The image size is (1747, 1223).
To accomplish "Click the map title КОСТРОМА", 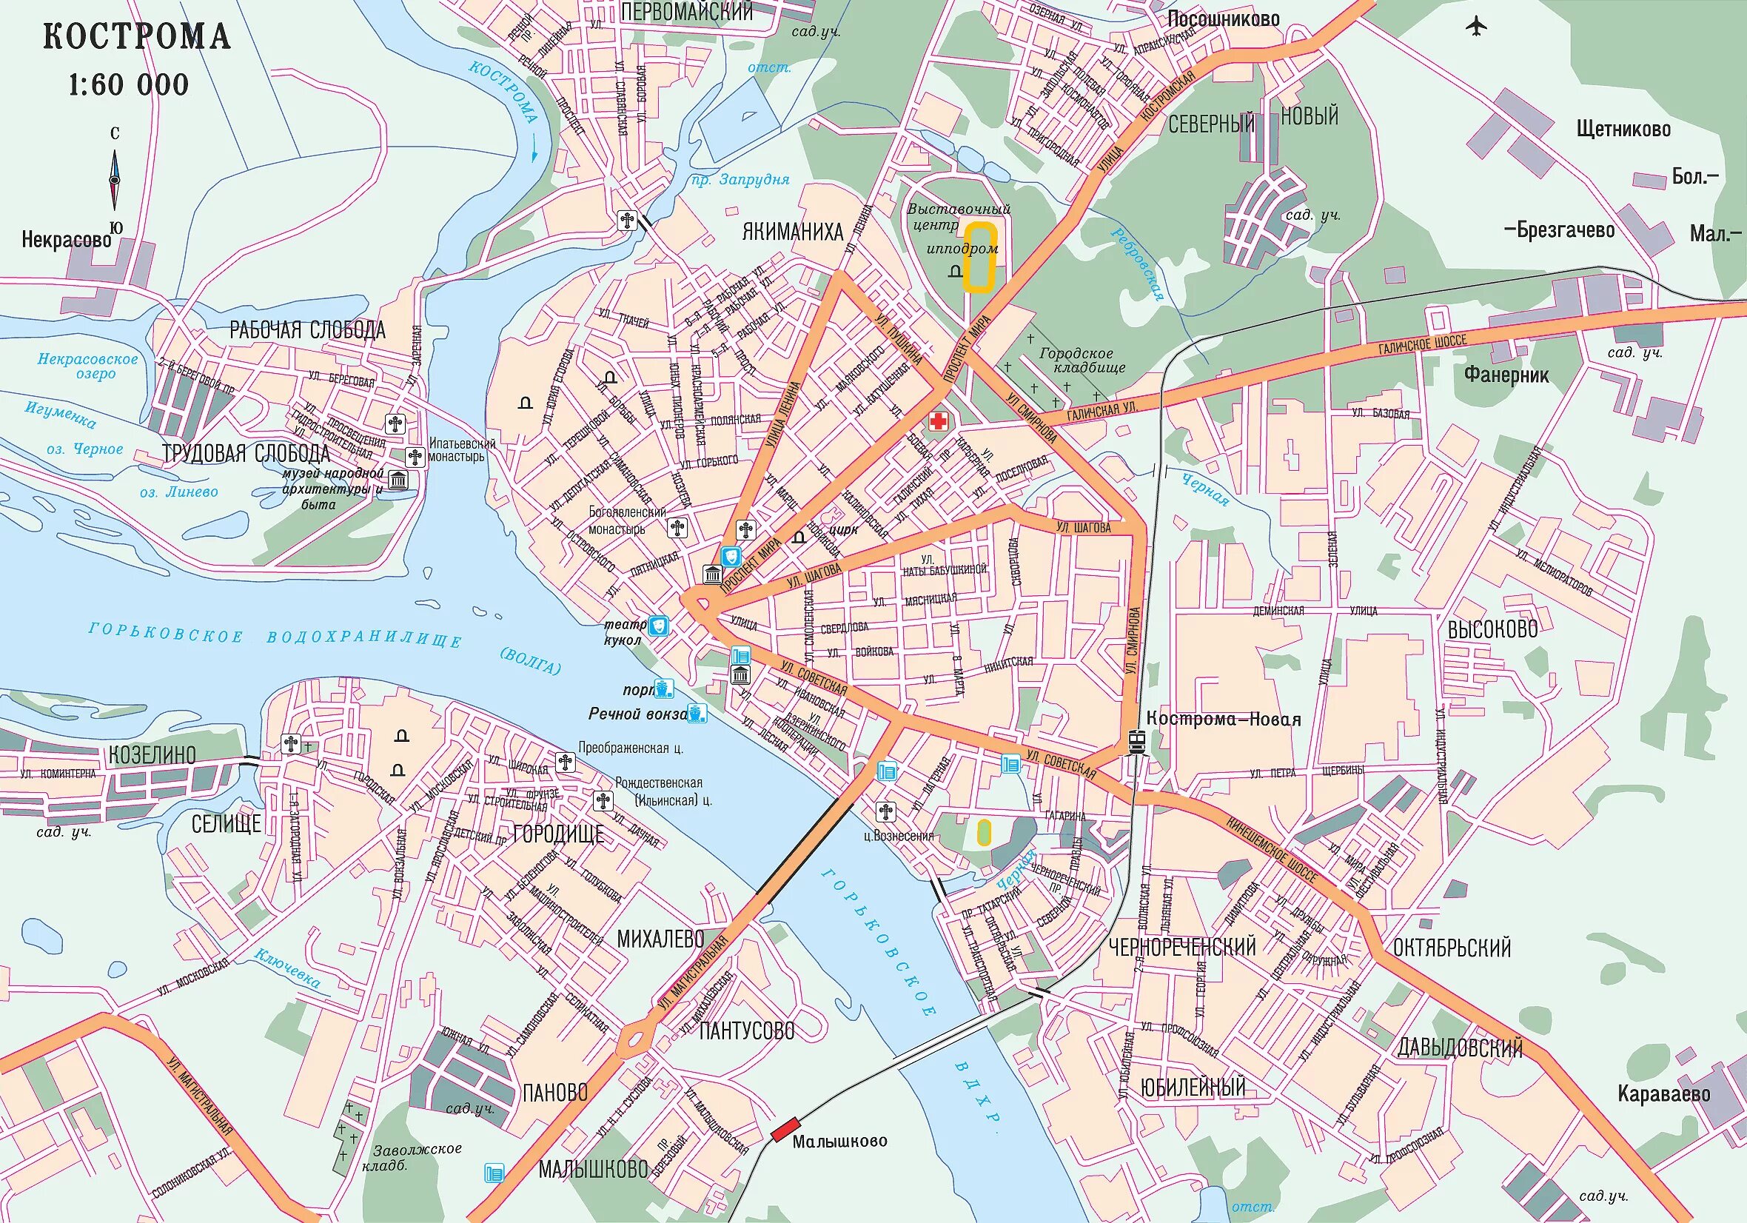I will (137, 36).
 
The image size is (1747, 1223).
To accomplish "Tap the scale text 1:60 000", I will (129, 84).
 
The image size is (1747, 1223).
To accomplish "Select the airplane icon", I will (1477, 27).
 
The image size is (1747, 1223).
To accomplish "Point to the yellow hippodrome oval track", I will (980, 258).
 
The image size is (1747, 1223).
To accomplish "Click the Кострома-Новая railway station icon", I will (1137, 740).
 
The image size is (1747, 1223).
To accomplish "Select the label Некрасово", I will (66, 241).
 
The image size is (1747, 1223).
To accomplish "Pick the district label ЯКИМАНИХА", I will (793, 232).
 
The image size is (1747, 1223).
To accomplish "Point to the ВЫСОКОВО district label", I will (1492, 629).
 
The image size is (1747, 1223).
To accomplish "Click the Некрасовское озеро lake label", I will (88, 366).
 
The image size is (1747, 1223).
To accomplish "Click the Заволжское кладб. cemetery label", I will (416, 1156).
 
